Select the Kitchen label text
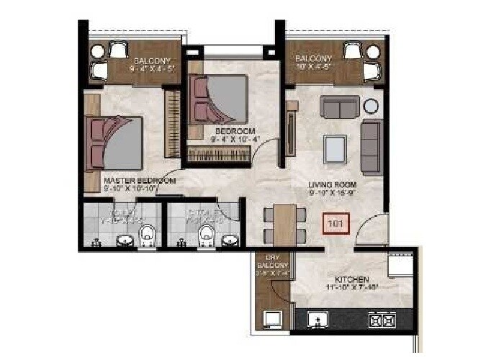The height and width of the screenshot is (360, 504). coord(352,279)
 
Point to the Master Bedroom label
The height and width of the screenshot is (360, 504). coord(140,181)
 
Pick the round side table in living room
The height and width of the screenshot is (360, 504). coord(371,107)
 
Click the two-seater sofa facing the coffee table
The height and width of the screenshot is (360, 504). coord(340,107)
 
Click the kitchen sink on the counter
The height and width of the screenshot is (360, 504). coord(317,318)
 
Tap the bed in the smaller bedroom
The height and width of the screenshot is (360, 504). coord(219,99)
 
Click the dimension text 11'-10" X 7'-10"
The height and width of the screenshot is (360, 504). coord(352,287)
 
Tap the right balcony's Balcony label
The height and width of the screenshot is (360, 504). coord(314,58)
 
